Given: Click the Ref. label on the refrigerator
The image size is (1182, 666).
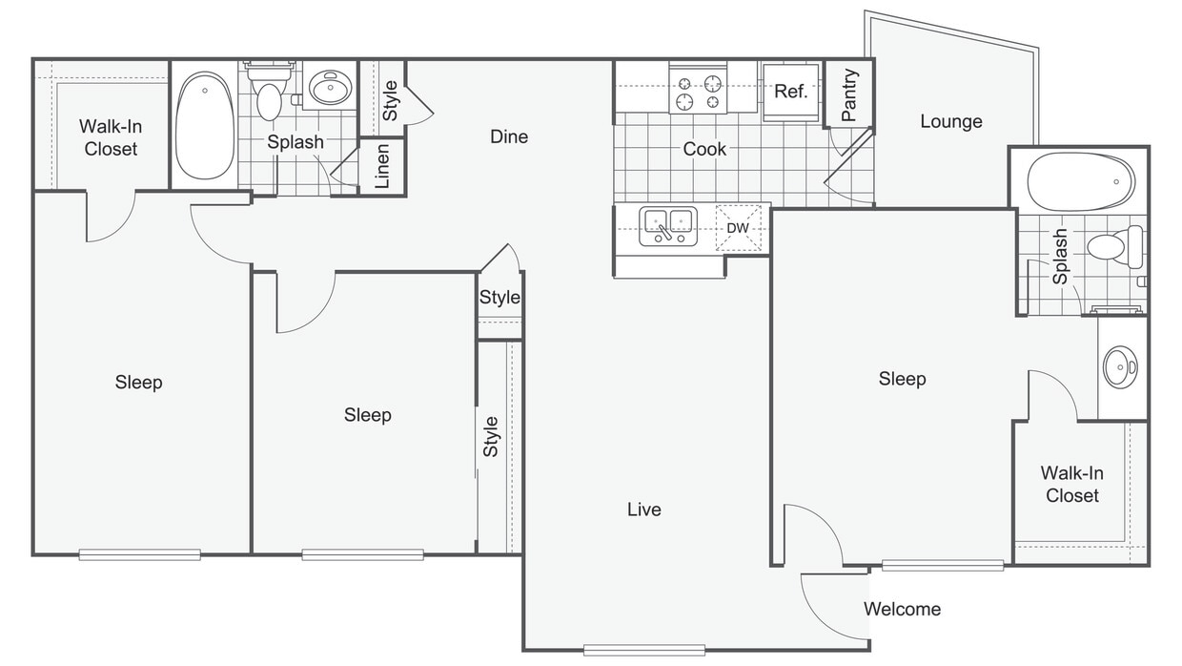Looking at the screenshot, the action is click(790, 92).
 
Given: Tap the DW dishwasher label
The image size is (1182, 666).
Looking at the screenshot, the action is click(738, 228).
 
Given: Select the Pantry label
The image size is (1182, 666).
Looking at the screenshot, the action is click(849, 95).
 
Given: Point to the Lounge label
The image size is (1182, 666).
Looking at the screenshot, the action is click(951, 121).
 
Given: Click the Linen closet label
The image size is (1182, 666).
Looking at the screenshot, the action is click(382, 166).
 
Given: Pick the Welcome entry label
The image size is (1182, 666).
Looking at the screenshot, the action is click(902, 609).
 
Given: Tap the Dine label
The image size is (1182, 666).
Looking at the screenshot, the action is click(509, 136).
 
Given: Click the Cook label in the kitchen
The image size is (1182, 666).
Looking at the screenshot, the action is click(704, 149).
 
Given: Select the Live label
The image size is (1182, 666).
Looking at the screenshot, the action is click(643, 510).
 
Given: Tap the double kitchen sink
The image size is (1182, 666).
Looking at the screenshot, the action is click(668, 226).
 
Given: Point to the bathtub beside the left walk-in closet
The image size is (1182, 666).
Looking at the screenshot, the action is click(205, 126).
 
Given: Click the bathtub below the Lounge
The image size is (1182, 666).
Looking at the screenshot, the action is click(1080, 181).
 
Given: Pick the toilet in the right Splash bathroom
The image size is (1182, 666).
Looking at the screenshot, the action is click(1114, 246).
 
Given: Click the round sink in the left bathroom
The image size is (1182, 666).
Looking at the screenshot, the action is click(331, 87).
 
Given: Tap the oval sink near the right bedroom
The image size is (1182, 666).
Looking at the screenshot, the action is click(1120, 366).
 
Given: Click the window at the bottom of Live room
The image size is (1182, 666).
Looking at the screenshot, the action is click(644, 650).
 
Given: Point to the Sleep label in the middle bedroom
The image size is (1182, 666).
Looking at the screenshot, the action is click(368, 415).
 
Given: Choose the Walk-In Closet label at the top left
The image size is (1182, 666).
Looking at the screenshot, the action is click(111, 137).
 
